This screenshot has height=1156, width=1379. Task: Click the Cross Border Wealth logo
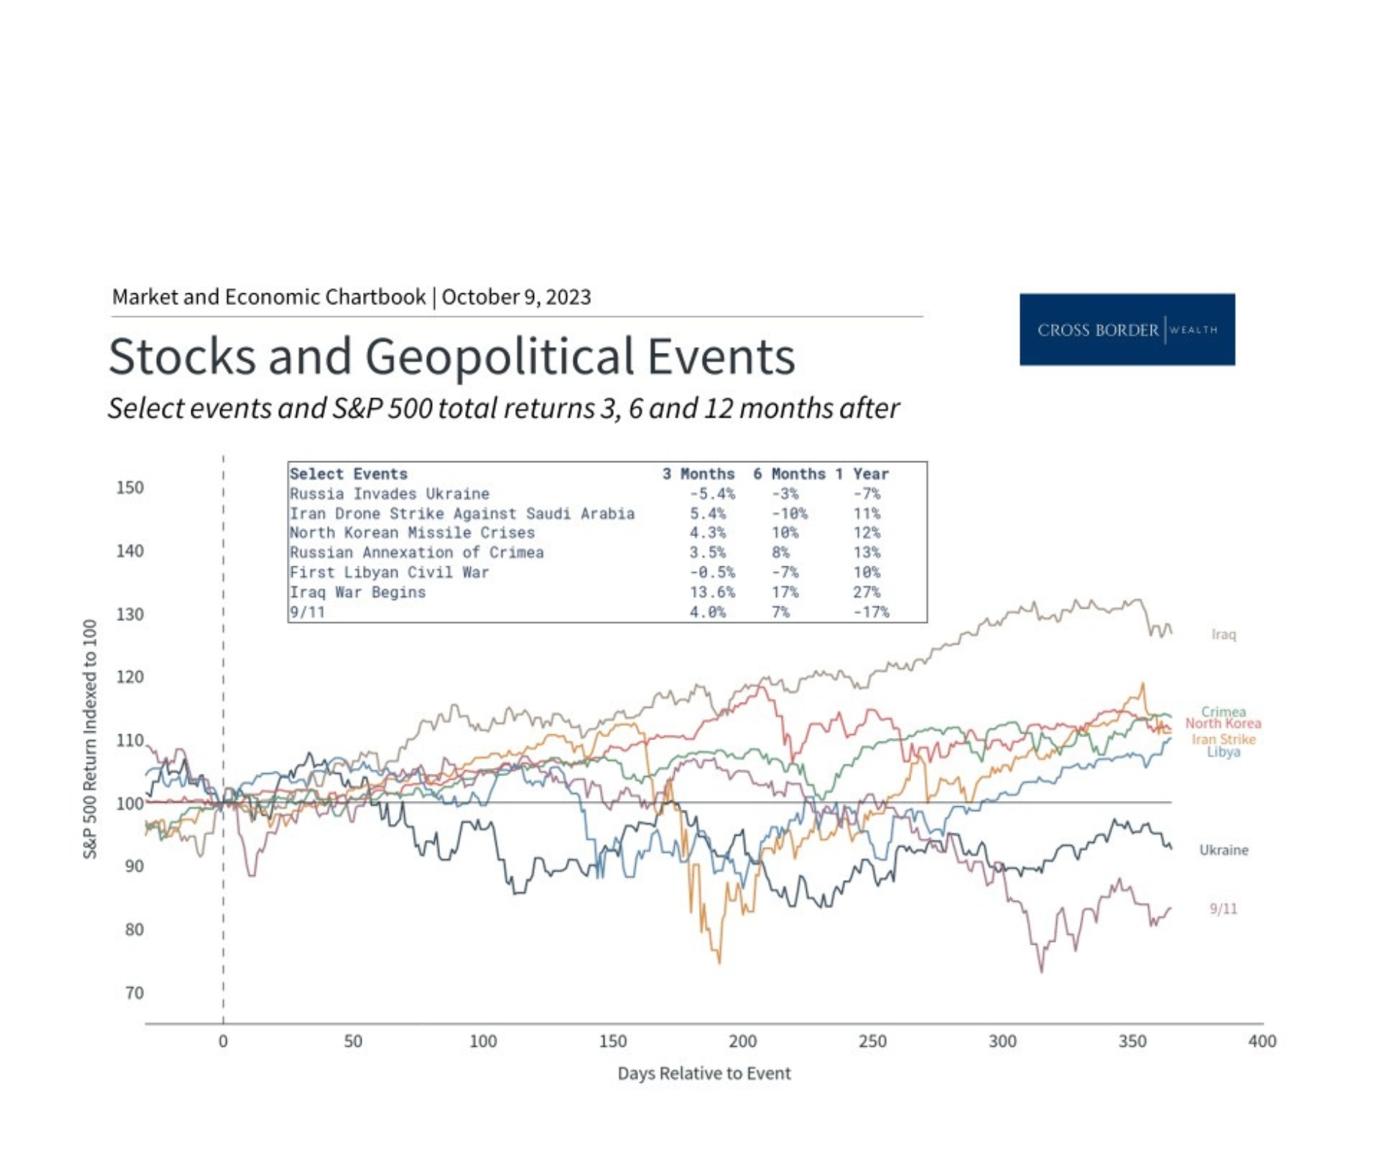tap(1126, 329)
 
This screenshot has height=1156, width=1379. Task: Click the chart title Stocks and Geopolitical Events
tap(451, 356)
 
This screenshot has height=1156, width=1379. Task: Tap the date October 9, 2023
tap(516, 297)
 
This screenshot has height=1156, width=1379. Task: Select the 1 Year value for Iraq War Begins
tap(866, 592)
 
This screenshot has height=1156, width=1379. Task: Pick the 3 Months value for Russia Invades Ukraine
tap(711, 494)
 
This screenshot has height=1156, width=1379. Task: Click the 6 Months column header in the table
tap(789, 474)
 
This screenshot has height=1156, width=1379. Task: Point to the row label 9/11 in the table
tap(307, 612)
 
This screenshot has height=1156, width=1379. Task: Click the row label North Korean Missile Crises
tap(411, 533)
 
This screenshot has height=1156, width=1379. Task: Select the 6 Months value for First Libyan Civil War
tap(784, 572)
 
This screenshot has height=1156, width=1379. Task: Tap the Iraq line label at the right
tap(1223, 634)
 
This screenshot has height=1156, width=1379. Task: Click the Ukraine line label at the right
tap(1223, 850)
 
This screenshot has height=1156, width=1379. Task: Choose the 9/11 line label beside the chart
tap(1223, 909)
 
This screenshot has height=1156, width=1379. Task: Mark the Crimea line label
tap(1223, 711)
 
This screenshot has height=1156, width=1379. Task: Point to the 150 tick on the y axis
tap(130, 488)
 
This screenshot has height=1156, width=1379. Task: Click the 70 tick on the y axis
tap(134, 993)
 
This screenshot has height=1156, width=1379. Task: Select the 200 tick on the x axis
tap(742, 1041)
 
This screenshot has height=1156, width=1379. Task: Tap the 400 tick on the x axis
tap(1262, 1041)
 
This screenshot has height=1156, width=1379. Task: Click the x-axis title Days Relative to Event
tap(703, 1073)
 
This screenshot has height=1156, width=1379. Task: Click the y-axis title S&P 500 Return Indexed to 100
tap(89, 739)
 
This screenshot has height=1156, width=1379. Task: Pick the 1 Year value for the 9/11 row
tap(870, 612)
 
